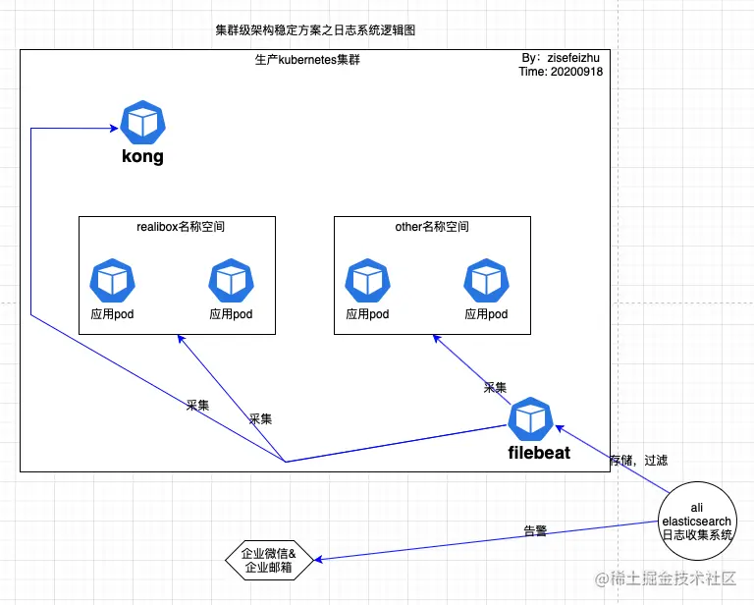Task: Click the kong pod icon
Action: (142, 122)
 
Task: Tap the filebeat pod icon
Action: (531, 419)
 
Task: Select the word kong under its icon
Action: (142, 156)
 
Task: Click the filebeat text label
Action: (538, 454)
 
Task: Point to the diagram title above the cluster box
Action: (315, 30)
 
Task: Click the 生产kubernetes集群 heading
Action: (314, 60)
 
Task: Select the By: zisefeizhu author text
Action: (562, 58)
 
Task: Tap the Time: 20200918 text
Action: (561, 72)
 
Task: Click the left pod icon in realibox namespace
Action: (111, 281)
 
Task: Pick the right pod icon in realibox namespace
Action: (231, 281)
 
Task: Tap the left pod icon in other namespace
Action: (367, 281)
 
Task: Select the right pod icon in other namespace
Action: (486, 281)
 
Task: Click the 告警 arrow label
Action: (535, 531)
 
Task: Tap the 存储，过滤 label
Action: (638, 460)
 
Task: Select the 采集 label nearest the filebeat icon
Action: (495, 388)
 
